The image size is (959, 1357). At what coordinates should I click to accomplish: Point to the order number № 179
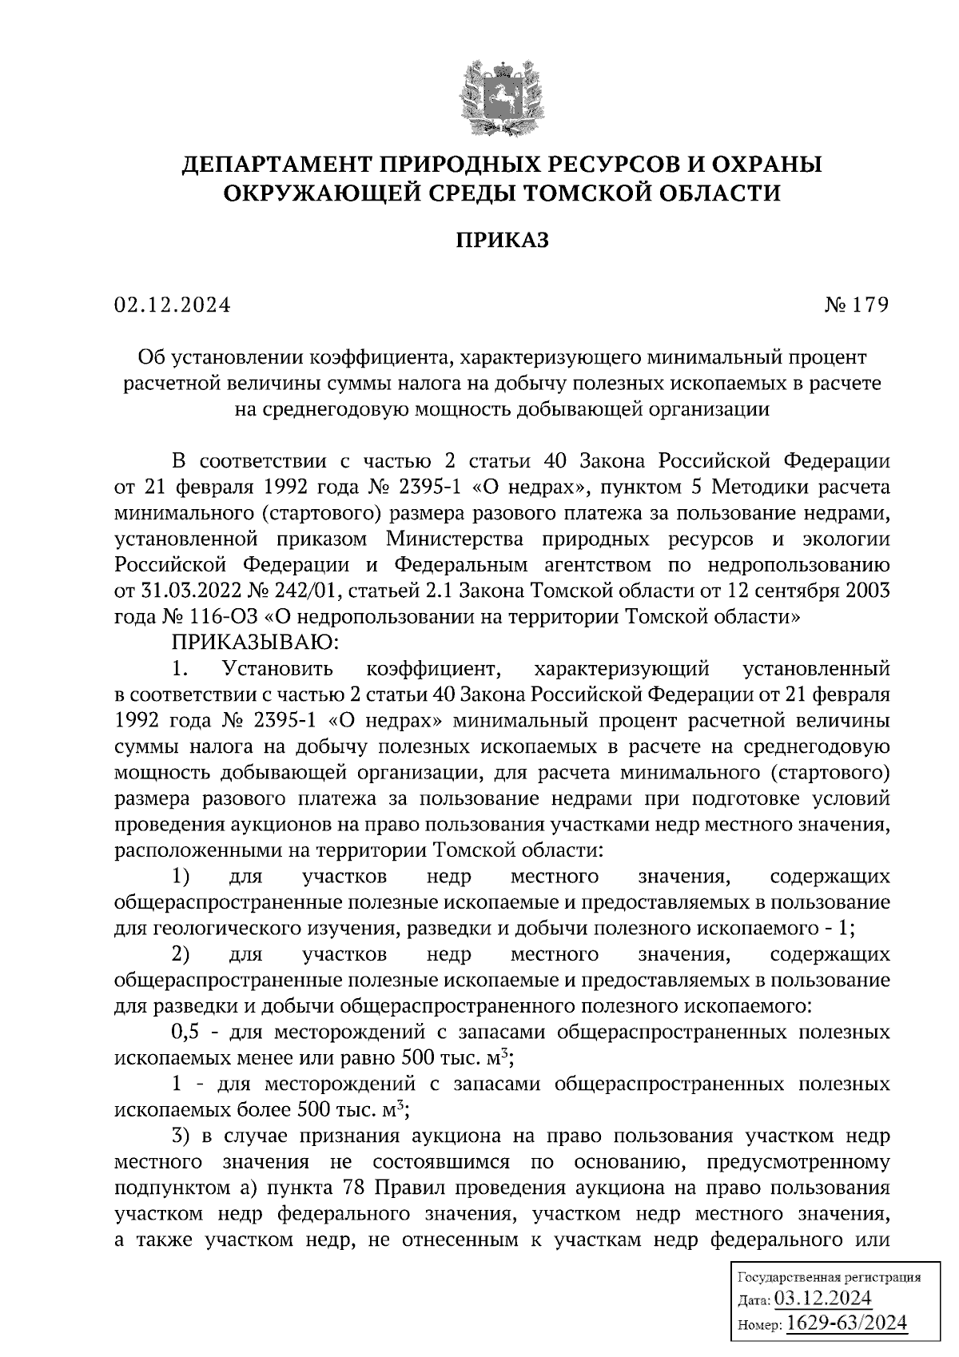(857, 305)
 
